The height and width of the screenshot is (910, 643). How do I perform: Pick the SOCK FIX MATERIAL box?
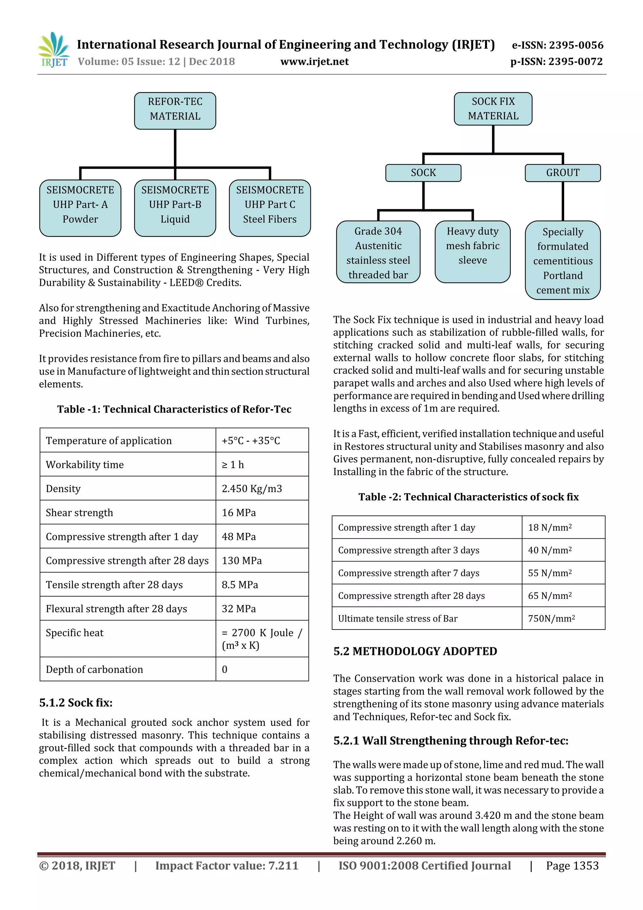click(493, 109)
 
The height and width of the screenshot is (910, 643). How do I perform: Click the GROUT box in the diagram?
click(563, 173)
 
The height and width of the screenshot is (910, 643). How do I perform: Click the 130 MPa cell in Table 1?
click(242, 560)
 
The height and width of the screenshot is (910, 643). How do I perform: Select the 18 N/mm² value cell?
click(549, 527)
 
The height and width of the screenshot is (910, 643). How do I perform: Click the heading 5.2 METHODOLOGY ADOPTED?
click(415, 651)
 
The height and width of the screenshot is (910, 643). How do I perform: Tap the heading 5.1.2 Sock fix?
click(76, 702)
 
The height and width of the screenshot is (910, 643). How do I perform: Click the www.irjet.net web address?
click(315, 62)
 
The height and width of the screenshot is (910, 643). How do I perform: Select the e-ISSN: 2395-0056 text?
click(557, 45)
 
